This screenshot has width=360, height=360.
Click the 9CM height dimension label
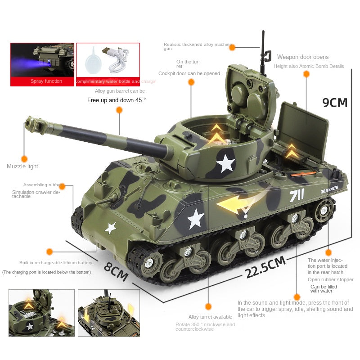pos(335,103)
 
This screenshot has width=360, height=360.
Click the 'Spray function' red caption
pos(46,81)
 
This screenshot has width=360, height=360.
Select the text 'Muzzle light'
pos(22,166)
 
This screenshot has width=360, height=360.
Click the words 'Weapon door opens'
pos(303,57)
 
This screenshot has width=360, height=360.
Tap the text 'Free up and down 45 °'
pos(117,100)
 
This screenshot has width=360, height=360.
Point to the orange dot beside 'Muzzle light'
pos(24,159)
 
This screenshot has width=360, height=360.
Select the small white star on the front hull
pos(110,228)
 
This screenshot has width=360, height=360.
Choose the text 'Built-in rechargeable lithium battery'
pos(56,263)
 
